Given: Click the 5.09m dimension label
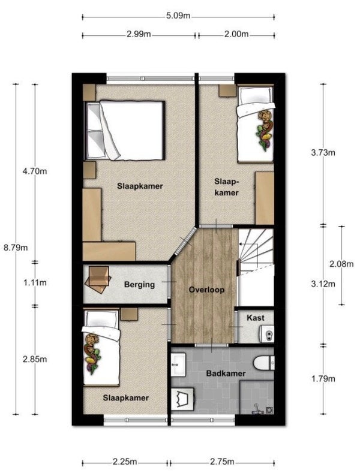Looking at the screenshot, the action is (178, 16).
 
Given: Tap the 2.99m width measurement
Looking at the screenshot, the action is (139, 34).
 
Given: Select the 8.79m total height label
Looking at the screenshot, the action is (16, 248).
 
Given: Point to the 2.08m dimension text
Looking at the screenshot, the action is (341, 264).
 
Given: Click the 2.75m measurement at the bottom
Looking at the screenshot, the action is (222, 462).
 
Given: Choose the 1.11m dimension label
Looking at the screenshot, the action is (35, 282).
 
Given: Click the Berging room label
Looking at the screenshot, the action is (139, 285).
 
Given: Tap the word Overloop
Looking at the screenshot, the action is (206, 290).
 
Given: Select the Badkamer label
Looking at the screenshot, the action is (226, 373).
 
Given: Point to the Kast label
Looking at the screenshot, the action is (256, 318).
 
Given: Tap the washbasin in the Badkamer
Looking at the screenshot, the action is (178, 364).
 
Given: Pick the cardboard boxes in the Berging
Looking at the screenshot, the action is (98, 279).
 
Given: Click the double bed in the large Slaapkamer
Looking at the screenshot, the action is (125, 131).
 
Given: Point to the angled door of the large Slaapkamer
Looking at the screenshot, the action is (185, 242).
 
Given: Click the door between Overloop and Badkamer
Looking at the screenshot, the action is (211, 345).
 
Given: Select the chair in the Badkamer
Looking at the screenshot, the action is (183, 399).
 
